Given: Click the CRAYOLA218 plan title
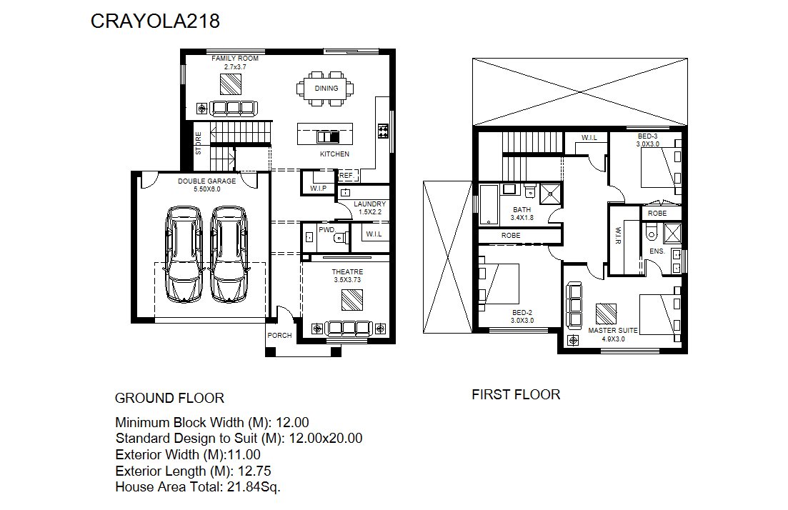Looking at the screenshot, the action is (155, 21).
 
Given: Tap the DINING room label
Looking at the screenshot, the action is (326, 89).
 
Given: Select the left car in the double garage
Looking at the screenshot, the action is (184, 254).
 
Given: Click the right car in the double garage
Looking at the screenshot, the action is (229, 254).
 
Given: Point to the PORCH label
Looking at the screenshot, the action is (279, 336).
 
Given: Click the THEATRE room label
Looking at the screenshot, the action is (347, 272).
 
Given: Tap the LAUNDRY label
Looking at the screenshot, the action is (370, 204).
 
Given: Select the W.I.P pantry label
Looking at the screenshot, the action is (318, 189).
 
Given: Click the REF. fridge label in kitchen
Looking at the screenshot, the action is (346, 176).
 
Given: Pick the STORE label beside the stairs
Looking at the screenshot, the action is (199, 143).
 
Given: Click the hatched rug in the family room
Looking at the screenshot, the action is (231, 84).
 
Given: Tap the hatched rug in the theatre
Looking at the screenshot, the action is (351, 301).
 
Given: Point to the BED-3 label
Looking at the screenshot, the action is (648, 136).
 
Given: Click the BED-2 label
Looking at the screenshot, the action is (522, 313).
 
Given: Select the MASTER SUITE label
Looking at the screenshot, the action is (613, 331).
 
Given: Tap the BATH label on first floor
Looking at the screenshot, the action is (522, 210).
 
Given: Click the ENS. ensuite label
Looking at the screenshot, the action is (657, 251).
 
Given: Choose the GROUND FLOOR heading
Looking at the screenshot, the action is (169, 399).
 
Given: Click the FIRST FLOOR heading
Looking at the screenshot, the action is (516, 395).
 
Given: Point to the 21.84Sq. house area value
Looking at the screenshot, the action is (254, 487).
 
